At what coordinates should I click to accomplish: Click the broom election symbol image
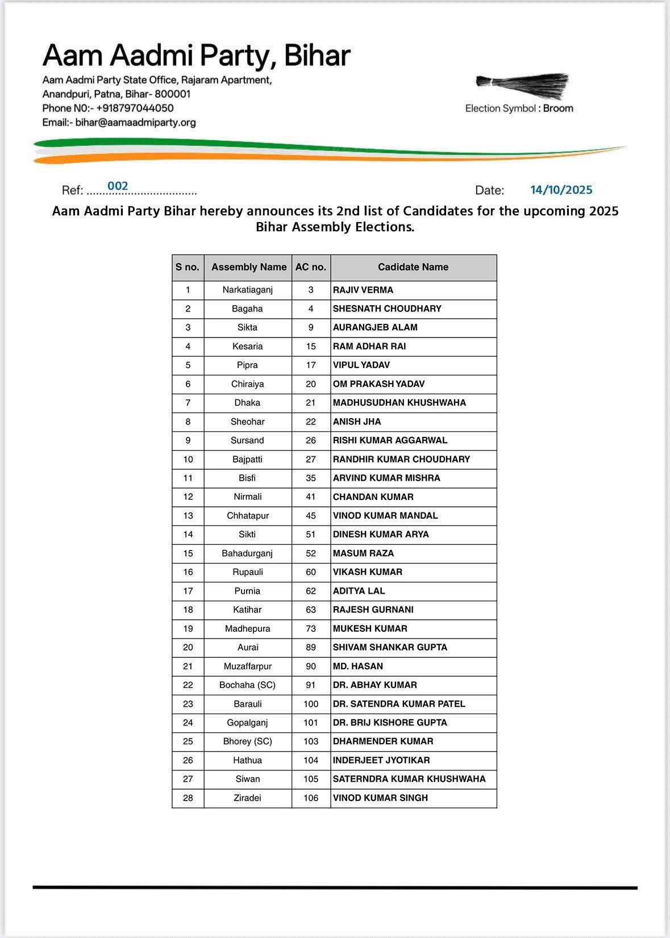[x=522, y=84]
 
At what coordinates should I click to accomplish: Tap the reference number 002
[x=118, y=186]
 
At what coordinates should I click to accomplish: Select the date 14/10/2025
[x=561, y=190]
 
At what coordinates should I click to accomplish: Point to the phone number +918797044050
[x=135, y=108]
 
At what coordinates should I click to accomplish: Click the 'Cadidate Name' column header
[x=413, y=267]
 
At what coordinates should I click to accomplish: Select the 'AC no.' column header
[x=311, y=267]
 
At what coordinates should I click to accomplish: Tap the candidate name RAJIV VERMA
[x=363, y=290]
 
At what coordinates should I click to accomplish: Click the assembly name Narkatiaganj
[x=247, y=290]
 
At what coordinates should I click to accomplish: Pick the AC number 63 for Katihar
[x=311, y=610]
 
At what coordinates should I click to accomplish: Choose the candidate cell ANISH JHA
[x=357, y=422]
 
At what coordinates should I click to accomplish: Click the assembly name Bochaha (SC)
[x=247, y=685]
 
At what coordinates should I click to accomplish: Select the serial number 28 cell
[x=188, y=798]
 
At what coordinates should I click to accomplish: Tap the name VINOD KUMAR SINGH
[x=380, y=798]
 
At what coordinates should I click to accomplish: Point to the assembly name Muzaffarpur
[x=247, y=666]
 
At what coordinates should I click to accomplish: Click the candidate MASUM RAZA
[x=363, y=553]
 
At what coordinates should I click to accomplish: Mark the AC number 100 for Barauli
[x=311, y=703]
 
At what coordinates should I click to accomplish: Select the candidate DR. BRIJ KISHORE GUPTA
[x=390, y=722]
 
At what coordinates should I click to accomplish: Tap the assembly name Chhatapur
[x=247, y=515]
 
